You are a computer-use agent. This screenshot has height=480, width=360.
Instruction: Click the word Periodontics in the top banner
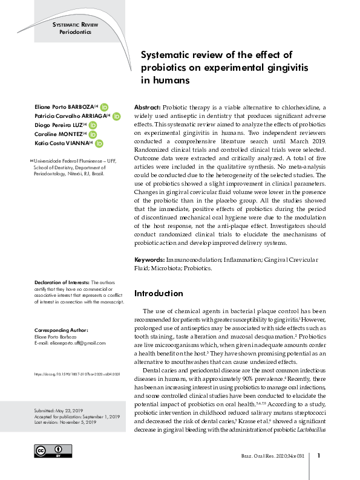pos(76,31)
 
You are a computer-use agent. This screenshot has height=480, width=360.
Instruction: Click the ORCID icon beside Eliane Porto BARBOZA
pos(104,106)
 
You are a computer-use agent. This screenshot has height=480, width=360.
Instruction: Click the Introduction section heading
pos(159,293)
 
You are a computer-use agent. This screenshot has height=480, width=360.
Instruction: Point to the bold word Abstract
pos(146,105)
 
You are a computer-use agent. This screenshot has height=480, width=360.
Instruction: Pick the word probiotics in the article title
pos(165,67)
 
